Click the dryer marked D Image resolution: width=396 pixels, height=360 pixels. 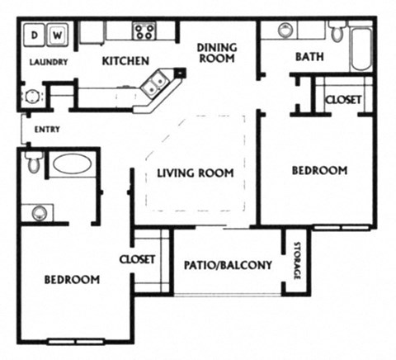36,36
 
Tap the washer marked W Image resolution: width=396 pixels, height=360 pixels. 59,36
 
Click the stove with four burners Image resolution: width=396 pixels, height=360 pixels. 144,31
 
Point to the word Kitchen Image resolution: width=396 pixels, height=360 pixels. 125,61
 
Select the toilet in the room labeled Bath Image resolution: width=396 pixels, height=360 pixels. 337,33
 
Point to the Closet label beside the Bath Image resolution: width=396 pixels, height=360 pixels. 342,100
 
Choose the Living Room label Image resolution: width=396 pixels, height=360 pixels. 196,173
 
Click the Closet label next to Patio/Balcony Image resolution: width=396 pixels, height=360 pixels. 137,259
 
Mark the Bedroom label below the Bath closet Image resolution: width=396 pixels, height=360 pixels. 319,171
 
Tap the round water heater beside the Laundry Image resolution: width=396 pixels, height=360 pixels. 32,96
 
